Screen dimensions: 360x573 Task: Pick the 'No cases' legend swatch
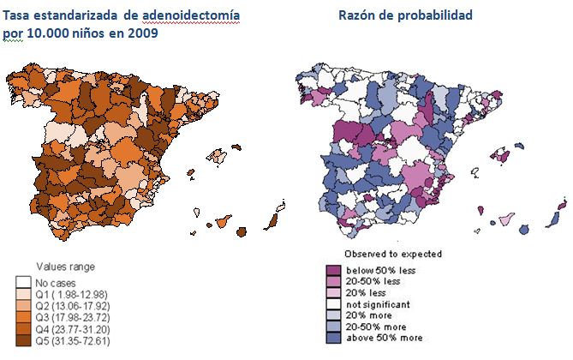tap(23, 282)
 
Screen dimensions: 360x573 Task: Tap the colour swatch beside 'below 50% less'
tap(333, 268)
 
